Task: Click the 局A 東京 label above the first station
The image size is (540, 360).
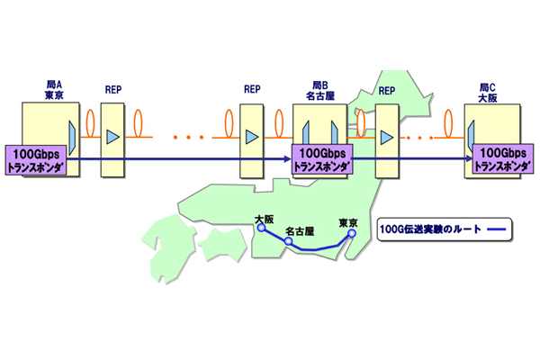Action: pos(54,88)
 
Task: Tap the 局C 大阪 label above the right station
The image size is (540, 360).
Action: pos(489,88)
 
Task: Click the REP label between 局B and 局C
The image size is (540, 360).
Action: pos(387,90)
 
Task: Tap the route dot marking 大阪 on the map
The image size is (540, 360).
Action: pos(260,229)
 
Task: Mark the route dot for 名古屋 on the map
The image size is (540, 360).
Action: pos(288,241)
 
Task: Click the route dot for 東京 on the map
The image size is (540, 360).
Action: pos(351,233)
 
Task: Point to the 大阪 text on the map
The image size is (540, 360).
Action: pos(264,218)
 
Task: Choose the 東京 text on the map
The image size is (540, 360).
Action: pos(347,222)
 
